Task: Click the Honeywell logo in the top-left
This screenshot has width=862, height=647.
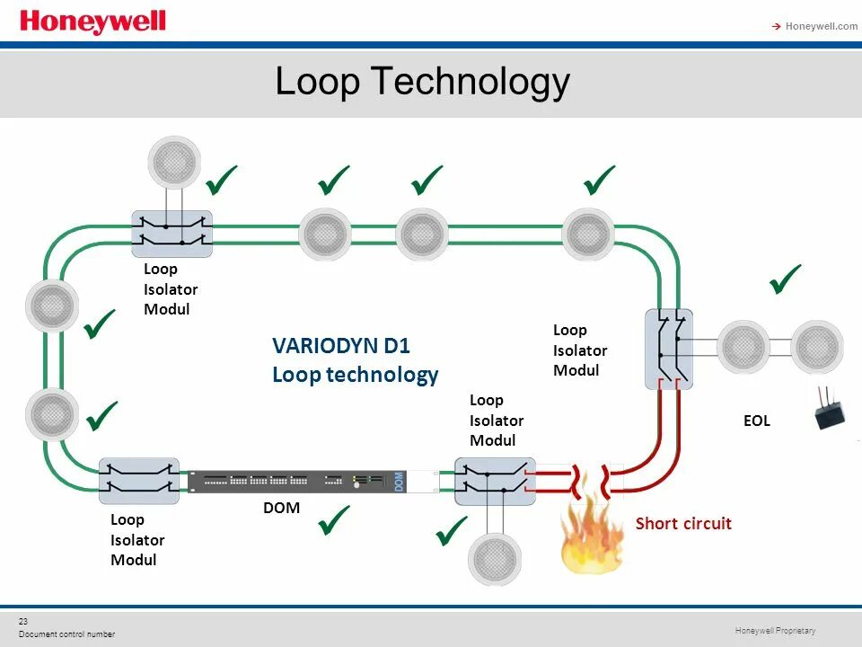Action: [92, 22]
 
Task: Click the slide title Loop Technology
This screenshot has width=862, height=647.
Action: [422, 82]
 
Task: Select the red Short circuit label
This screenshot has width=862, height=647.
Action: [683, 523]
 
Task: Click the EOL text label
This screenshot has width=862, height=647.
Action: [756, 420]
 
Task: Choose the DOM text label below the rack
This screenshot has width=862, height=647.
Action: [281, 508]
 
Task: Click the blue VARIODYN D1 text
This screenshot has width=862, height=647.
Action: [340, 346]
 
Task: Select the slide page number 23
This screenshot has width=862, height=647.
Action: [23, 621]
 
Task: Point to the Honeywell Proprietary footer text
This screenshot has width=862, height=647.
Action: [775, 631]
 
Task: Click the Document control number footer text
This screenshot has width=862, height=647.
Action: [66, 634]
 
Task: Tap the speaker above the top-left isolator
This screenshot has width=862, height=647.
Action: [173, 161]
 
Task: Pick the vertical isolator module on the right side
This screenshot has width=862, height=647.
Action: [669, 349]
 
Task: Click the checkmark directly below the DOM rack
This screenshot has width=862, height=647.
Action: [334, 521]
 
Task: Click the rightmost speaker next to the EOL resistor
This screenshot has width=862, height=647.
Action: [817, 347]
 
